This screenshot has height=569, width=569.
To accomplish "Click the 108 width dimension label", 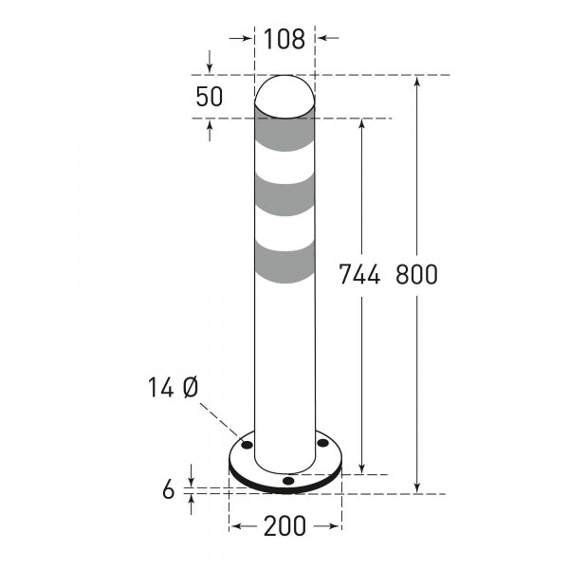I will pos(284,39).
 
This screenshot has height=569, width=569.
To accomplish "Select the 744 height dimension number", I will pos(359,275).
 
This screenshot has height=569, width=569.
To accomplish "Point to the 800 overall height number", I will pos(416,275).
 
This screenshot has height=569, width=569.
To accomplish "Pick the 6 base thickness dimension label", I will pos(169,489).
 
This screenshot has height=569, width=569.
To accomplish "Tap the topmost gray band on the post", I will pos(284,136).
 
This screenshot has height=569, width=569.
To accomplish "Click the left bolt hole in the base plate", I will pos(247,443).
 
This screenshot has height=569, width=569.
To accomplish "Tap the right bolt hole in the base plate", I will pos(322,442).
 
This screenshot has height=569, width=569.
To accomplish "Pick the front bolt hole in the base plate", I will pos(288,481).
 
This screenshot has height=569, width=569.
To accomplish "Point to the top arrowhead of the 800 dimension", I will pos(417,81).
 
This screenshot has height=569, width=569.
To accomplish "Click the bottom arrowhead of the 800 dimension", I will pos(417,487).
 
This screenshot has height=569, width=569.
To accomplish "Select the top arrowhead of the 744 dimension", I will pos(361,124).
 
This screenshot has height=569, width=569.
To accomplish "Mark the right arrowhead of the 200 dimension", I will pos(336,525).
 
